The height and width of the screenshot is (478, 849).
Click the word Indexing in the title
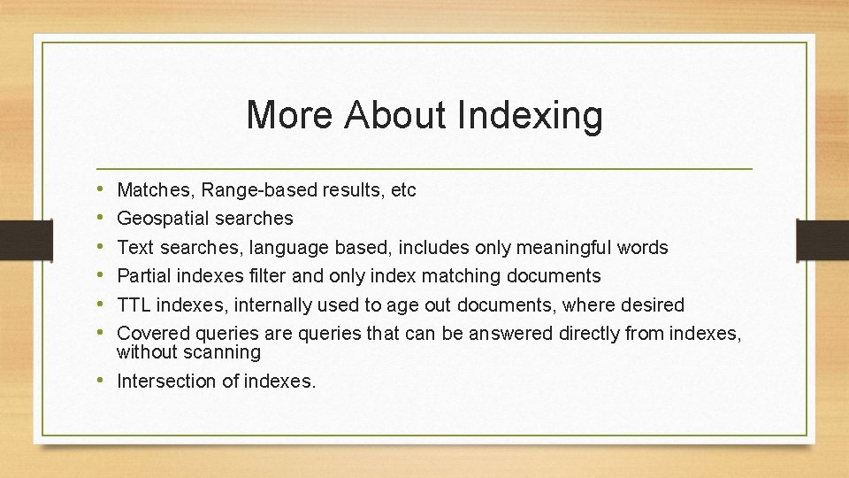(x=531, y=116)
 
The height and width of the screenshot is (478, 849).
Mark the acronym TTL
(x=134, y=305)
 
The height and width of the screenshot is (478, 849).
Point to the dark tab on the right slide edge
(x=824, y=239)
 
